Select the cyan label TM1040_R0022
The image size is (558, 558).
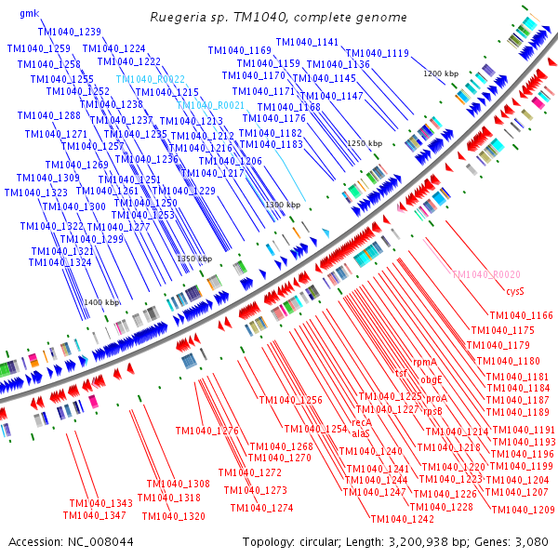pyautogui.click(x=151, y=80)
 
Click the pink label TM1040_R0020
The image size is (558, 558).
pyautogui.click(x=485, y=275)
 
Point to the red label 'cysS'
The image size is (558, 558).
pyautogui.click(x=515, y=291)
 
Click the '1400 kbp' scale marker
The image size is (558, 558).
pyautogui.click(x=101, y=302)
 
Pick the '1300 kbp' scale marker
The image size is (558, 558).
pyautogui.click(x=283, y=205)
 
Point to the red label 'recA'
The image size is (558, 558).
pyautogui.click(x=361, y=421)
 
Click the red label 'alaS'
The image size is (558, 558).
pyautogui.click(x=361, y=433)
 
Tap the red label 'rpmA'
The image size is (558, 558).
pyautogui.click(x=425, y=362)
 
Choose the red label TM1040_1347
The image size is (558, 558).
pyautogui.click(x=94, y=515)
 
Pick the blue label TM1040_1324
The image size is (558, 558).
pyautogui.click(x=60, y=263)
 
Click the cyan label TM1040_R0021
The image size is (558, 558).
pyautogui.click(x=211, y=106)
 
